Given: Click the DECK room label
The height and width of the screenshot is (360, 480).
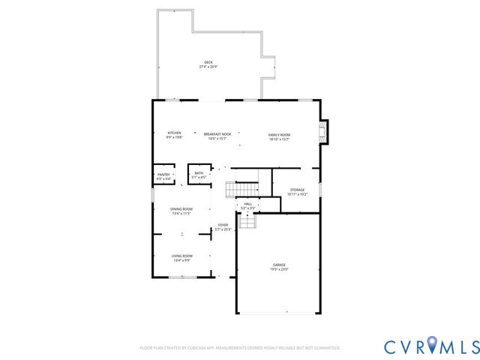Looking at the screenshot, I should [208, 62].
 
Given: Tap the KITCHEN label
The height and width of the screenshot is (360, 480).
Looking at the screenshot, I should [174, 133].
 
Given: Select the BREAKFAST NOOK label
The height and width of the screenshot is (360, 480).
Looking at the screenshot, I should [217, 133].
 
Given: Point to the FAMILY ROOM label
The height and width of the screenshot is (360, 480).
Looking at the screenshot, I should [279, 134].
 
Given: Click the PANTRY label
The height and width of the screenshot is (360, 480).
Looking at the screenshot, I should [163, 175].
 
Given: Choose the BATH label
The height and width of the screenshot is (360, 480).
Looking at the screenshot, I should [199, 173].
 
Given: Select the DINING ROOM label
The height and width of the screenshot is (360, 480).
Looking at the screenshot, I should [181, 209].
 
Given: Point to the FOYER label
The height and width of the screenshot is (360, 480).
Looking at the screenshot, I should [223, 224].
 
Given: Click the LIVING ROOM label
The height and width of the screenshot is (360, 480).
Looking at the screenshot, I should [181, 256].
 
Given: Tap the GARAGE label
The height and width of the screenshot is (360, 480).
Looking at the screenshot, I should [279, 265].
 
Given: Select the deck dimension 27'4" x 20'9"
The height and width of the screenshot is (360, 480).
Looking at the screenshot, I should [208, 67].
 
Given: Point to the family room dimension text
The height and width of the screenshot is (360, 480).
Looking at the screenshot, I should [279, 139].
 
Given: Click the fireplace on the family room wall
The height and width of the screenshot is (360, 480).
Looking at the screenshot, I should [323, 132].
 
